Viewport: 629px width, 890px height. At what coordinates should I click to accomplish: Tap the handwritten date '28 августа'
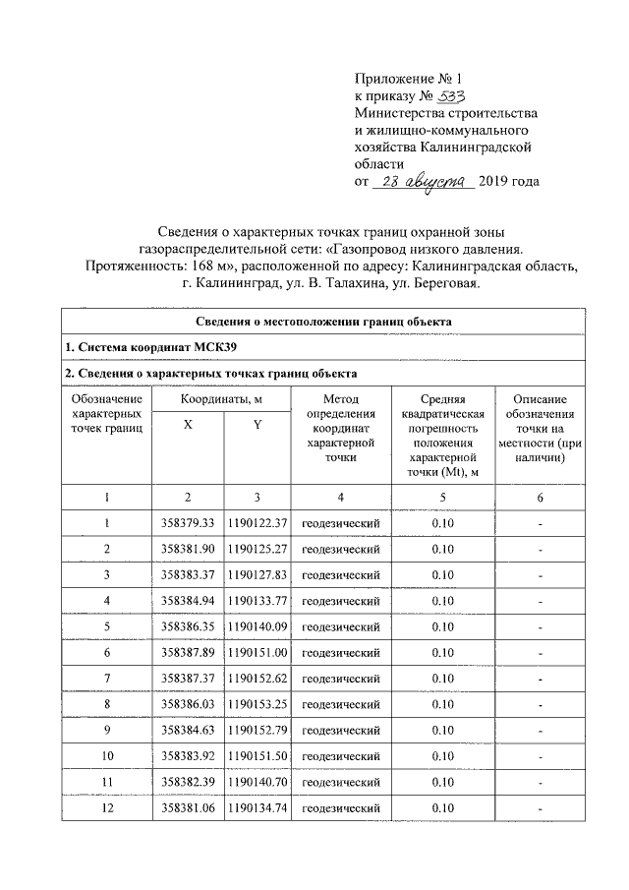pyautogui.click(x=424, y=181)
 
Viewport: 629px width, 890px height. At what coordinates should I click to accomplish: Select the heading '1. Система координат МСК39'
pyautogui.click(x=150, y=348)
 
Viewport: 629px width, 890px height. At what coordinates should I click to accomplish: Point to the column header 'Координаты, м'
pyautogui.click(x=221, y=399)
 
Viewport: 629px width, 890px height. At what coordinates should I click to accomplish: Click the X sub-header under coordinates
pyautogui.click(x=187, y=424)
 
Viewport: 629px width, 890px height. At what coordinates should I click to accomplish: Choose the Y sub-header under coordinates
pyautogui.click(x=257, y=424)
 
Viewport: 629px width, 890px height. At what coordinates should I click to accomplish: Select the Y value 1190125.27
pyautogui.click(x=257, y=547)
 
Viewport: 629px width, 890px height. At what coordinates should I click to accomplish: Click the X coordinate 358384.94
pyautogui.click(x=187, y=599)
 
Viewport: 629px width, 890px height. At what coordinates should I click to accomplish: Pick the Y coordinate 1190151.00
pyautogui.click(x=257, y=651)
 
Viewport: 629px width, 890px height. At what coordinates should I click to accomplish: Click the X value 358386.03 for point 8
pyautogui.click(x=187, y=703)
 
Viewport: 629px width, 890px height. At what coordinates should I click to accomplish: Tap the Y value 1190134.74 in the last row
pyautogui.click(x=257, y=807)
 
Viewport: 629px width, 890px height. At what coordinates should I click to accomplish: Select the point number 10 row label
pyautogui.click(x=107, y=755)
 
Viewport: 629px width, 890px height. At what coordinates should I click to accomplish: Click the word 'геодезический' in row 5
pyautogui.click(x=340, y=625)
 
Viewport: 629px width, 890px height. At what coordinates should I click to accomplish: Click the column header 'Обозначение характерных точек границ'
pyautogui.click(x=107, y=413)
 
